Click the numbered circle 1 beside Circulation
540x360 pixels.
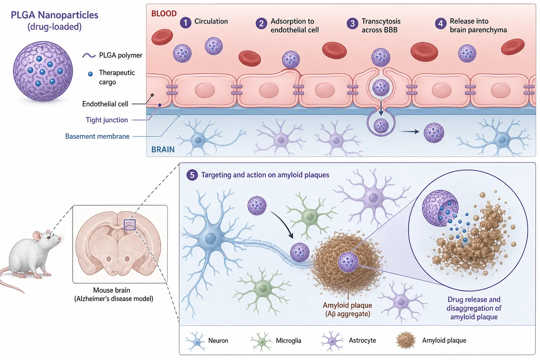point(185,22)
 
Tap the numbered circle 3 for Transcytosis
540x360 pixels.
point(353,24)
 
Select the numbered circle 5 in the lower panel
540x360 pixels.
point(192,175)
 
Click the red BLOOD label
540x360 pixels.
point(164,13)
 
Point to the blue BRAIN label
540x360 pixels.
point(163,149)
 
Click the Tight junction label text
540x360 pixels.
point(107,120)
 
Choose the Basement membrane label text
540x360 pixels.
point(97,136)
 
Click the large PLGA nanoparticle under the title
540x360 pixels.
point(43,71)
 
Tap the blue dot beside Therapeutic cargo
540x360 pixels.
point(90,74)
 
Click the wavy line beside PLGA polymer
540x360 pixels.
point(89,56)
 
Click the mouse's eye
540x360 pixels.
point(49,237)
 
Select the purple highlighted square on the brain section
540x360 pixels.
point(129,225)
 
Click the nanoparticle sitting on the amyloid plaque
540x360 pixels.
point(348,262)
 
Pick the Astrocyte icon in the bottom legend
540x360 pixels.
point(332,341)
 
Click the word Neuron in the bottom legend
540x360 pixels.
point(218,340)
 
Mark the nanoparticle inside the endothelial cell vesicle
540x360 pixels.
point(381,87)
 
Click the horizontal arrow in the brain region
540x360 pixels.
point(410,131)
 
